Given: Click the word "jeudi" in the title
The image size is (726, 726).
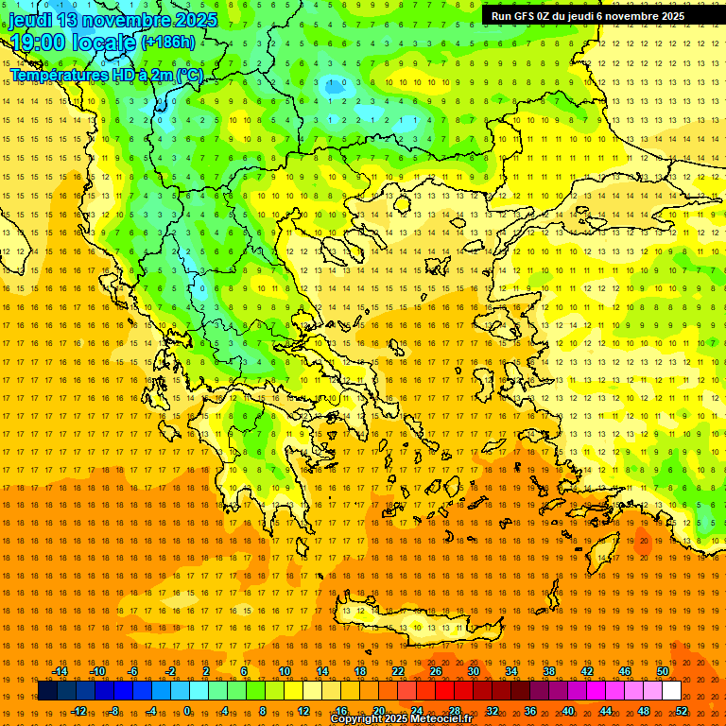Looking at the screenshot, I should [x=31, y=20].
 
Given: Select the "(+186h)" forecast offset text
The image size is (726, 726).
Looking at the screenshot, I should [x=167, y=42].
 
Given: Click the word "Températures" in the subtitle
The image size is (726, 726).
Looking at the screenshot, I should [x=56, y=75].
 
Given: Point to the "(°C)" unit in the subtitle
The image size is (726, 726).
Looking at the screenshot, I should [x=188, y=75].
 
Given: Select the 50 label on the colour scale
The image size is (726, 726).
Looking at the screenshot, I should [x=663, y=671].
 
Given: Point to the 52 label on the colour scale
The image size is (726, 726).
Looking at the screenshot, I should [x=682, y=710].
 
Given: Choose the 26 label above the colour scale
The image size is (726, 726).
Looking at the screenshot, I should [x=436, y=671].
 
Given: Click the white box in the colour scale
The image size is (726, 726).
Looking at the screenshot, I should [x=671, y=691].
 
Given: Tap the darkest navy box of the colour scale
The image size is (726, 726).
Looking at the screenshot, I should [x=47, y=691].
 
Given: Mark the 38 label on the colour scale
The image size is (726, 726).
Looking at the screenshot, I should [x=549, y=671].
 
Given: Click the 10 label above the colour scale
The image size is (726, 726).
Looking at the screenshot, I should [x=285, y=671].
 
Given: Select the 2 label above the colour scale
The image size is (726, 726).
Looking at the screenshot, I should [x=206, y=671].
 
